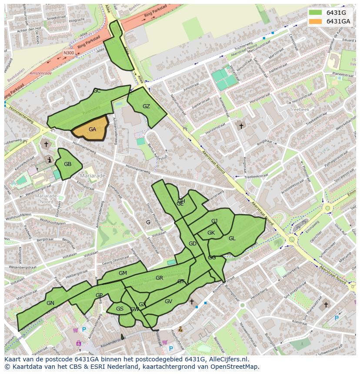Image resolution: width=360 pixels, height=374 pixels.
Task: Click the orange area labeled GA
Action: [x=92, y=129]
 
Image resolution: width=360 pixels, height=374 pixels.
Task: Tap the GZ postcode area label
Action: [x=146, y=106]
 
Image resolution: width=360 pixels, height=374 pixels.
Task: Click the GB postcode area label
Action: [x=67, y=164]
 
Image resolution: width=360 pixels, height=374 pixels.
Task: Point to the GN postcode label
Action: [x=50, y=303]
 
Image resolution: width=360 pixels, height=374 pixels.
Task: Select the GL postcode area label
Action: [x=232, y=238]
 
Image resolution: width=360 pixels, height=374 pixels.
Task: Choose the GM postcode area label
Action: [x=123, y=273]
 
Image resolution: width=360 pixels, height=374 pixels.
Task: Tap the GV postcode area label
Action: [x=169, y=301]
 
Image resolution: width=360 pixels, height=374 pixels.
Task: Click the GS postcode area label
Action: [x=120, y=309]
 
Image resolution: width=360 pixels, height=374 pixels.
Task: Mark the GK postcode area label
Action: [x=211, y=233]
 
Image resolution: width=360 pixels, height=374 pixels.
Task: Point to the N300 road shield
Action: [x=69, y=53]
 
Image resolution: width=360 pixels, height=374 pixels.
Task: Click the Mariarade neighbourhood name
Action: [x=93, y=176]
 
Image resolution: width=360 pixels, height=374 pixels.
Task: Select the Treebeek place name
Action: [x=300, y=110]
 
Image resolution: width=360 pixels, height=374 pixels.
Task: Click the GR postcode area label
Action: [x=159, y=278]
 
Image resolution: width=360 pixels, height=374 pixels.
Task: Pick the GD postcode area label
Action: [x=193, y=244]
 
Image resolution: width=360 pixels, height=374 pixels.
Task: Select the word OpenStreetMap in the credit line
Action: [x=235, y=367]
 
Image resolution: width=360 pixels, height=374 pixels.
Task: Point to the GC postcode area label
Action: [x=97, y=91]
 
